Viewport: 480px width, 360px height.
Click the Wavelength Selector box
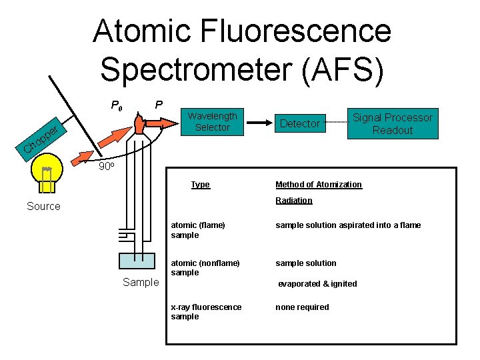(x=212, y=121)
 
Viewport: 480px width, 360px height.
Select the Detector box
(x=300, y=123)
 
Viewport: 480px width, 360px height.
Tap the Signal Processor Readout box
(x=392, y=124)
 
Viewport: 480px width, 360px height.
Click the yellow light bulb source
(x=47, y=175)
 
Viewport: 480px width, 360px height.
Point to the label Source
(x=43, y=207)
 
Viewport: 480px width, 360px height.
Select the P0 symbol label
(x=116, y=105)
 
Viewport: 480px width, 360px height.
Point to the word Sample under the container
(x=141, y=283)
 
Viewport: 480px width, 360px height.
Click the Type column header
(x=200, y=185)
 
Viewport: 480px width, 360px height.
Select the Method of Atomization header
(x=319, y=185)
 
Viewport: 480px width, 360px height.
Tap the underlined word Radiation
(x=294, y=201)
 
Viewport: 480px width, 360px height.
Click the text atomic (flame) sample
(x=198, y=230)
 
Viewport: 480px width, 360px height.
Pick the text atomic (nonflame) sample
(x=205, y=267)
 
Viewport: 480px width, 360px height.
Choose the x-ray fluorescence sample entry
(x=206, y=311)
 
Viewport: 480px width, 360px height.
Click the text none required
(x=302, y=307)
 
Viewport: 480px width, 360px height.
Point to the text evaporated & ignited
(x=317, y=284)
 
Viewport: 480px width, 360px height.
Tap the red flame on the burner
(x=139, y=123)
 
